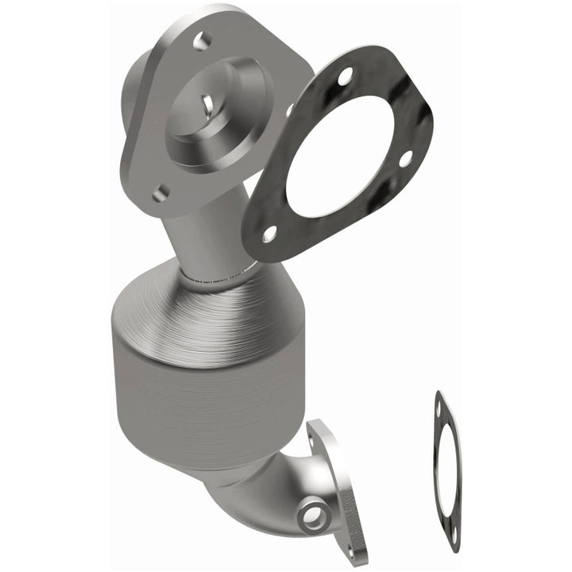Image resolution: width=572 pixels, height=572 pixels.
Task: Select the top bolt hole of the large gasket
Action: click(346, 77)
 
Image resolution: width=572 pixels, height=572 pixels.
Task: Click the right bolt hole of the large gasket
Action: click(405, 158)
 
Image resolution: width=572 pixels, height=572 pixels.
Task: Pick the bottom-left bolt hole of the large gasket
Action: click(269, 234)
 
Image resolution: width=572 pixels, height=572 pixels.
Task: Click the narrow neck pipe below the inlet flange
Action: click(199, 238)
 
